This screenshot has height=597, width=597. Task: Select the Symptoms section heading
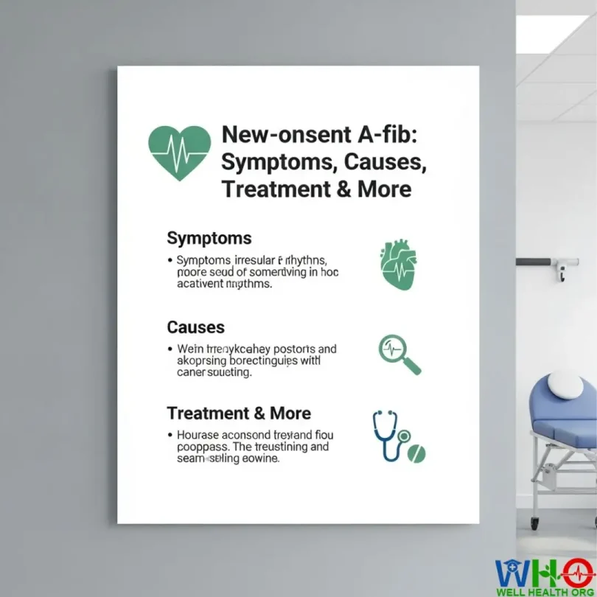(209, 238)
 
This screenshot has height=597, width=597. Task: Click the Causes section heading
(196, 327)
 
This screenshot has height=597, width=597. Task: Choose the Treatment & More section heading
(239, 413)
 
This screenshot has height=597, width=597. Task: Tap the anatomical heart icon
(398, 264)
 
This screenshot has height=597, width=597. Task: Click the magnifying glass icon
(399, 354)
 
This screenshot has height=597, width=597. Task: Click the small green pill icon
(417, 453)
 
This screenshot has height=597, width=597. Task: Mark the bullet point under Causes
(170, 349)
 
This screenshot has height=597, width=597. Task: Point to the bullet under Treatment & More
(170, 436)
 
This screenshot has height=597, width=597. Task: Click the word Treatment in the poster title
(268, 189)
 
